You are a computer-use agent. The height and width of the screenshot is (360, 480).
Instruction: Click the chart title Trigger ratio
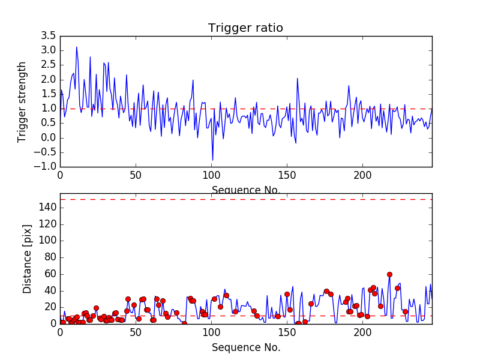(x=245, y=28)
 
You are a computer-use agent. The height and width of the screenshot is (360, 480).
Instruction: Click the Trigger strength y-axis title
(x=22, y=101)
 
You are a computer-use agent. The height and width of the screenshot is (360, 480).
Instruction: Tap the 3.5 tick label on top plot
(x=48, y=35)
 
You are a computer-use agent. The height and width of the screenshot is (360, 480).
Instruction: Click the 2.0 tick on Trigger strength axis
(x=48, y=79)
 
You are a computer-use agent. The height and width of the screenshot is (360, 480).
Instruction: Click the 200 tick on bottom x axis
(x=362, y=332)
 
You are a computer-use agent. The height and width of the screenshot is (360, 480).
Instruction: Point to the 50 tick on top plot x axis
(x=136, y=176)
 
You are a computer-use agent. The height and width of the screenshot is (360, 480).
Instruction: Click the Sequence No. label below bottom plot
(x=246, y=347)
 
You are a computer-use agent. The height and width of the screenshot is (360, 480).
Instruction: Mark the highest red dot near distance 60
(x=389, y=274)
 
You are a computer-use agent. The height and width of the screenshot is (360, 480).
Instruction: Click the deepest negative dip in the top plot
(x=212, y=160)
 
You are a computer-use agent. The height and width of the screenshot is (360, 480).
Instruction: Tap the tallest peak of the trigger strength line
(x=76, y=47)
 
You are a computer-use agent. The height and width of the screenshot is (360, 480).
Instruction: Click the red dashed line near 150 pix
(x=246, y=199)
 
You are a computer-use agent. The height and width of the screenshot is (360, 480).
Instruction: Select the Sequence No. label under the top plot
(x=246, y=190)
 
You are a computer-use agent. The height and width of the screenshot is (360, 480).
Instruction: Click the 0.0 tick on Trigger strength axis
(x=48, y=137)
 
